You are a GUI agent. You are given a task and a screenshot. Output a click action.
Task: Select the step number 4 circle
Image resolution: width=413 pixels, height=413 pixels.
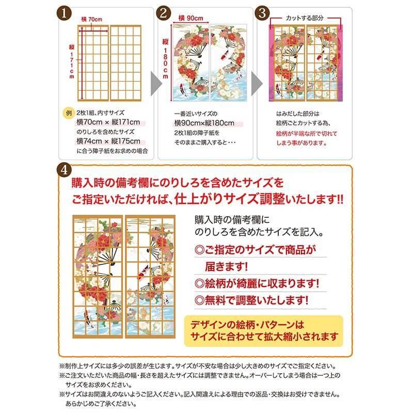[x=63, y=170]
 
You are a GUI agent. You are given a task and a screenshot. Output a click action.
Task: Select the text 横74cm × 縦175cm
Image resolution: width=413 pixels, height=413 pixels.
[x=108, y=141]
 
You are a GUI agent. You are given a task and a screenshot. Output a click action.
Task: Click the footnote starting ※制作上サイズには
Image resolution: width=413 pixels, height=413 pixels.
[x=204, y=364]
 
